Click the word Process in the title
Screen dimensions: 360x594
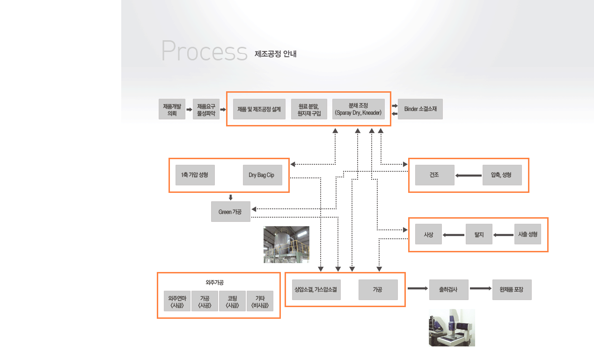click(x=204, y=51)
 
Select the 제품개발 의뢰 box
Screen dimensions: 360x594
click(x=172, y=109)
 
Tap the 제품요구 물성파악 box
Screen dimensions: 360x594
click(x=206, y=109)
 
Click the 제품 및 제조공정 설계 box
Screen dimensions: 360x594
click(x=259, y=109)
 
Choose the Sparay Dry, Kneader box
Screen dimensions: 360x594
click(x=358, y=109)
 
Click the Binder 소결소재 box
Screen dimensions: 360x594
click(x=420, y=109)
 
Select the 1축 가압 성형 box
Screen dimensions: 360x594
click(x=195, y=175)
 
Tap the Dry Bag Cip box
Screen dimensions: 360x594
click(x=262, y=175)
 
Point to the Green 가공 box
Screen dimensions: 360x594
click(x=230, y=212)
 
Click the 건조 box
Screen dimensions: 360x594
click(x=434, y=175)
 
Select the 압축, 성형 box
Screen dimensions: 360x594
click(x=502, y=175)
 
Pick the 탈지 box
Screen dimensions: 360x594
click(x=479, y=234)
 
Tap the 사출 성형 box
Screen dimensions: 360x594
click(x=528, y=234)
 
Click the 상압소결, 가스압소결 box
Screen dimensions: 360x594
click(x=316, y=290)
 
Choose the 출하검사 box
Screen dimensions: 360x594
click(x=448, y=290)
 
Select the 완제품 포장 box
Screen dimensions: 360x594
click(x=512, y=290)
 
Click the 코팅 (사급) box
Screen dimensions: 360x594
click(x=233, y=301)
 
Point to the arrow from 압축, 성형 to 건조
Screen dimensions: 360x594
click(x=469, y=176)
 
